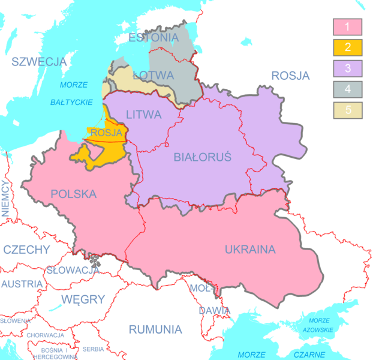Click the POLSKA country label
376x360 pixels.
(74, 194)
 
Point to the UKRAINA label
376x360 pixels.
(250, 249)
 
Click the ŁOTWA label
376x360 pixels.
(153, 76)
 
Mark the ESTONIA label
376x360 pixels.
(154, 38)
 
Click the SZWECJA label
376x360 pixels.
(38, 61)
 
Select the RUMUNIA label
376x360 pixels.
(155, 329)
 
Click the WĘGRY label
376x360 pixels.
(83, 299)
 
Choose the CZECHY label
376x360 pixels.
(26, 250)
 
